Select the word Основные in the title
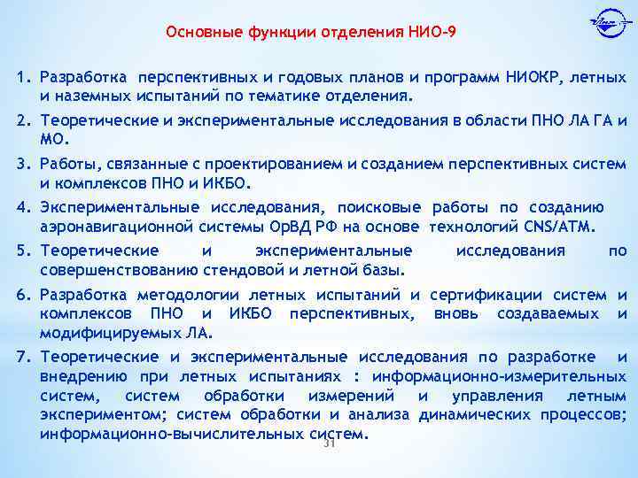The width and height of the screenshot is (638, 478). pos(197,33)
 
